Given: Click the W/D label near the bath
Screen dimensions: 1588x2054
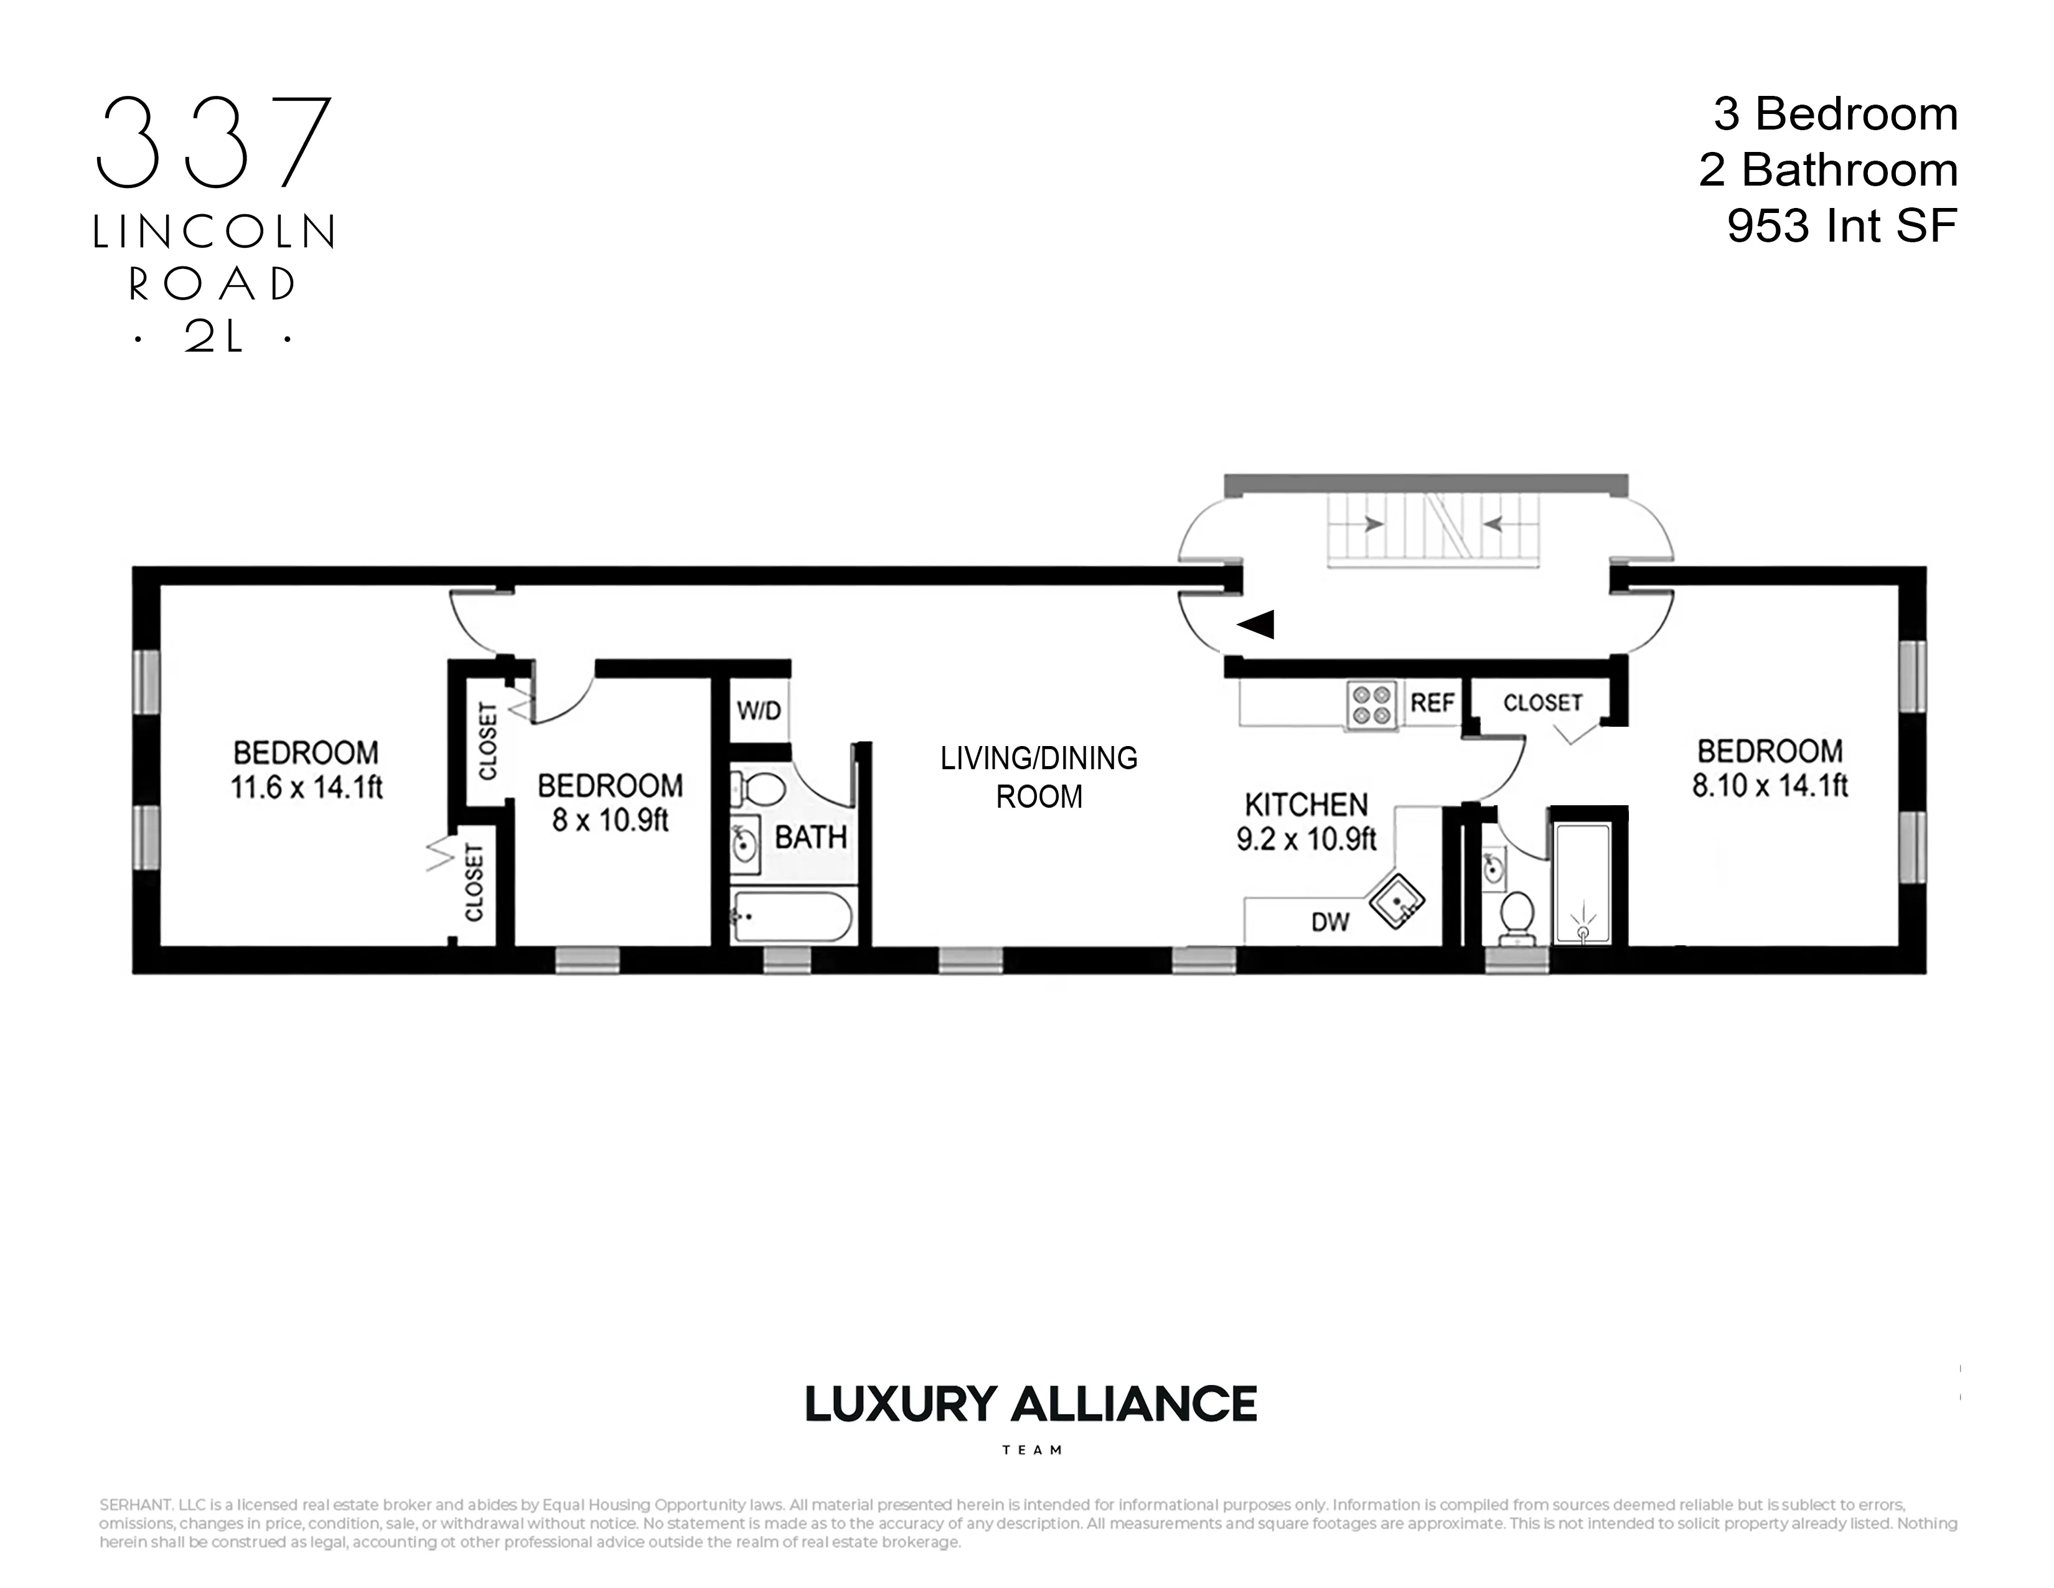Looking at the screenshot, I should (759, 711).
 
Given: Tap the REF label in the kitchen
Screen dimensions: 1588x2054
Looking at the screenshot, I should (1432, 702).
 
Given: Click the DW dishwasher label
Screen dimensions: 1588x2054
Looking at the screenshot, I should (1330, 922).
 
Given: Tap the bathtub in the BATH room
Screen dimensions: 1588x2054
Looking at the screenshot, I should (792, 915).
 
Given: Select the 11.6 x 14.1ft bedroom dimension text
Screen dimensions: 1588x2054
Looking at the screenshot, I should (307, 787).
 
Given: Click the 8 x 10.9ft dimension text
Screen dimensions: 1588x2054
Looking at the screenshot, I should (609, 820).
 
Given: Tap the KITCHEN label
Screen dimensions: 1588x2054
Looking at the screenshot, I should (1306, 805).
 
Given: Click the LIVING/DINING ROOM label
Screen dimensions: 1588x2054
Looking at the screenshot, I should (1039, 777).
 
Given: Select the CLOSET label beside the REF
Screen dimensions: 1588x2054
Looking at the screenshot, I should (1542, 702).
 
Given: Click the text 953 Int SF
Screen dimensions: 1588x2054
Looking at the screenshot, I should (1842, 226).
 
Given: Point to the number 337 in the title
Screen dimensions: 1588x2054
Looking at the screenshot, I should (215, 141).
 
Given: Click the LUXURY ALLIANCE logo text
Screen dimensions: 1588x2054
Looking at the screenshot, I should (1031, 1404).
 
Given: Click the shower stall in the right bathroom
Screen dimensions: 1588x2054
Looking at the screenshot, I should (1583, 882).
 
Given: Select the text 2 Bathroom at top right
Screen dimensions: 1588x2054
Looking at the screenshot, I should (1827, 170).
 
